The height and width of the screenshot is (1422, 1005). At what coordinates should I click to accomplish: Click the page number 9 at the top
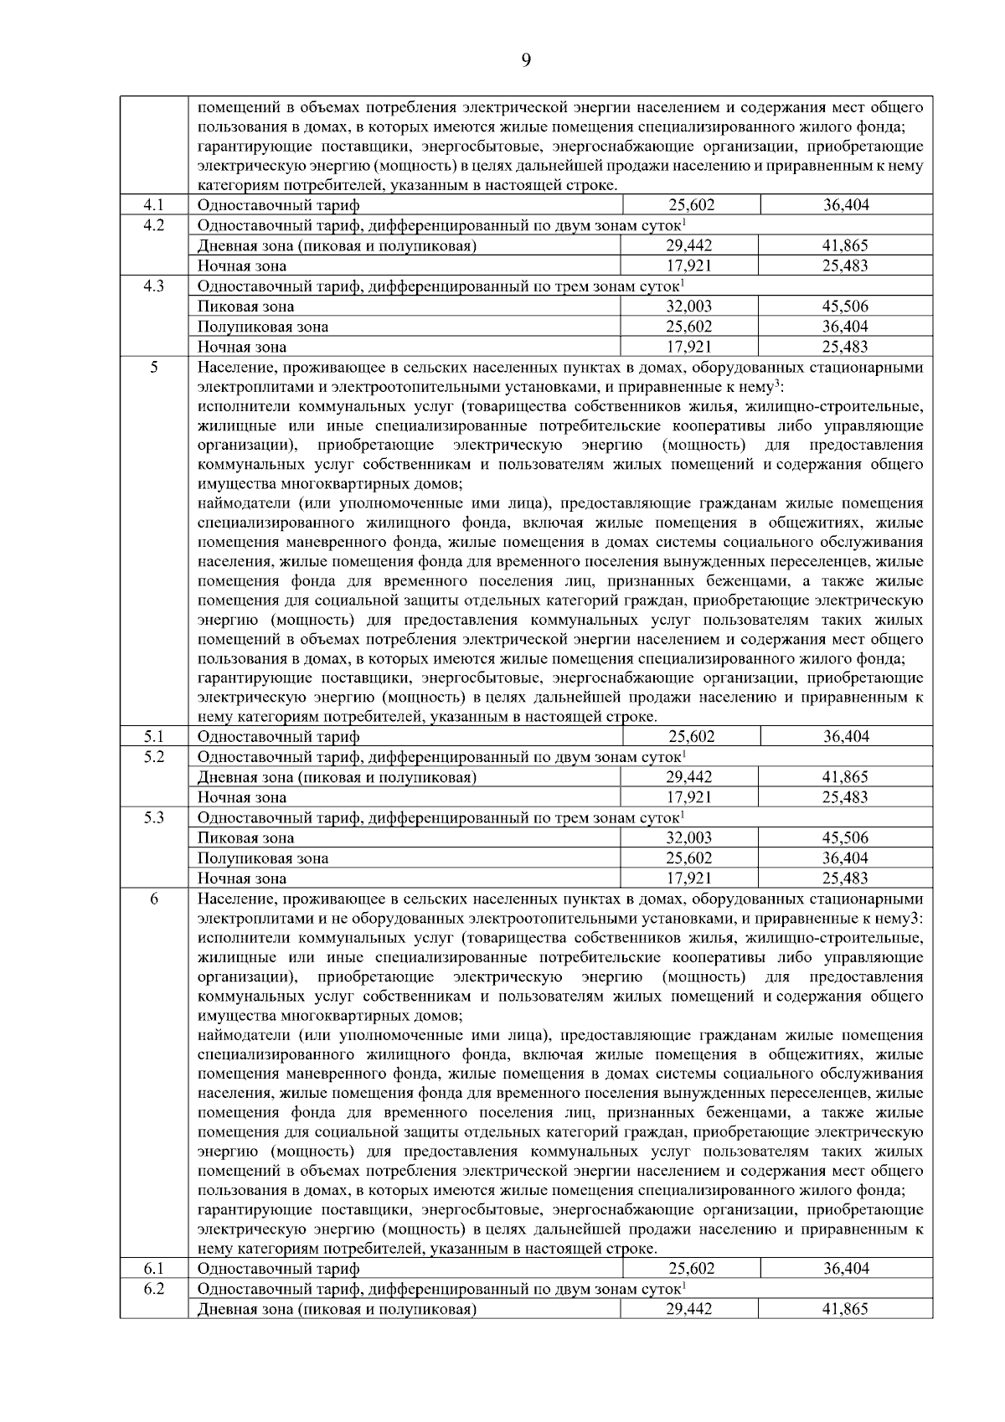pos(526,59)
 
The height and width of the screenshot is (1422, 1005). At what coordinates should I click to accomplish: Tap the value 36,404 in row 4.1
pos(846,205)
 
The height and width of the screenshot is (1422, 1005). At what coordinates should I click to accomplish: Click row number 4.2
pos(153,225)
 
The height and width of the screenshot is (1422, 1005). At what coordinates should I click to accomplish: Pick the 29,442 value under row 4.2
pos(689,245)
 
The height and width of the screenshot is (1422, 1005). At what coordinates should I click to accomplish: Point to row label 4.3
pos(153,286)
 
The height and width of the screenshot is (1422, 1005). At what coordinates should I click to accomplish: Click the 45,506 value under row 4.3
pos(845,307)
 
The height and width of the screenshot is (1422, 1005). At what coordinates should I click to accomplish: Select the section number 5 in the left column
pos(153,367)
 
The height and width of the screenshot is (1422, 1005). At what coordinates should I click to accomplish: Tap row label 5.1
pos(153,737)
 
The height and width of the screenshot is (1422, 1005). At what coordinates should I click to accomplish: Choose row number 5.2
pos(153,757)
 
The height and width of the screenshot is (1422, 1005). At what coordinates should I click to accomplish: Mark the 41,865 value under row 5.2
pos(845,777)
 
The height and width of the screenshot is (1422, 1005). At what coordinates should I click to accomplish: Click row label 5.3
pos(153,817)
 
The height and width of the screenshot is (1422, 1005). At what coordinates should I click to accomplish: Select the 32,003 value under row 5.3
pos(689,837)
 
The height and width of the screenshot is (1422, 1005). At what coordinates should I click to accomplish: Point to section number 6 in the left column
pos(153,899)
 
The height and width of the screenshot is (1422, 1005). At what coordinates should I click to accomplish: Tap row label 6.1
pos(153,1269)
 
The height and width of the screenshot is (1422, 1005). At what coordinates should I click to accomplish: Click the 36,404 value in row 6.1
pos(846,1269)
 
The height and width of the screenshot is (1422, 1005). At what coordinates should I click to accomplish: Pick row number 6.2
pos(153,1289)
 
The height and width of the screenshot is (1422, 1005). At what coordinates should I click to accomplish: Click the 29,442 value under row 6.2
pos(689,1309)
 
